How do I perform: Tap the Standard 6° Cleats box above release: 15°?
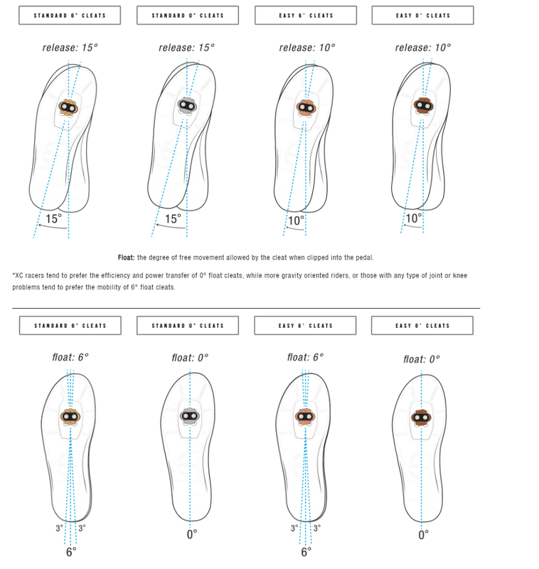70,15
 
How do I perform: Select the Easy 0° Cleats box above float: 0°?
422,326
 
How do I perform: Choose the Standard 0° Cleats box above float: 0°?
188,326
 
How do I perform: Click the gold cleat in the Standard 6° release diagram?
68,107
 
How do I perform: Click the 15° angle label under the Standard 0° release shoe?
173,219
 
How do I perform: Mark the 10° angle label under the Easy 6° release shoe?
296,220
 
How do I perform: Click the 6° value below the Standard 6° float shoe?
71,551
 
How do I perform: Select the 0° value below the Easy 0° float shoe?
423,535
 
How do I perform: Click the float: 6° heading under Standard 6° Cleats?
70,357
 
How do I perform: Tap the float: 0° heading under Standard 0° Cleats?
190,358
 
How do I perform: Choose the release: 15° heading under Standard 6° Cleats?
70,48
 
